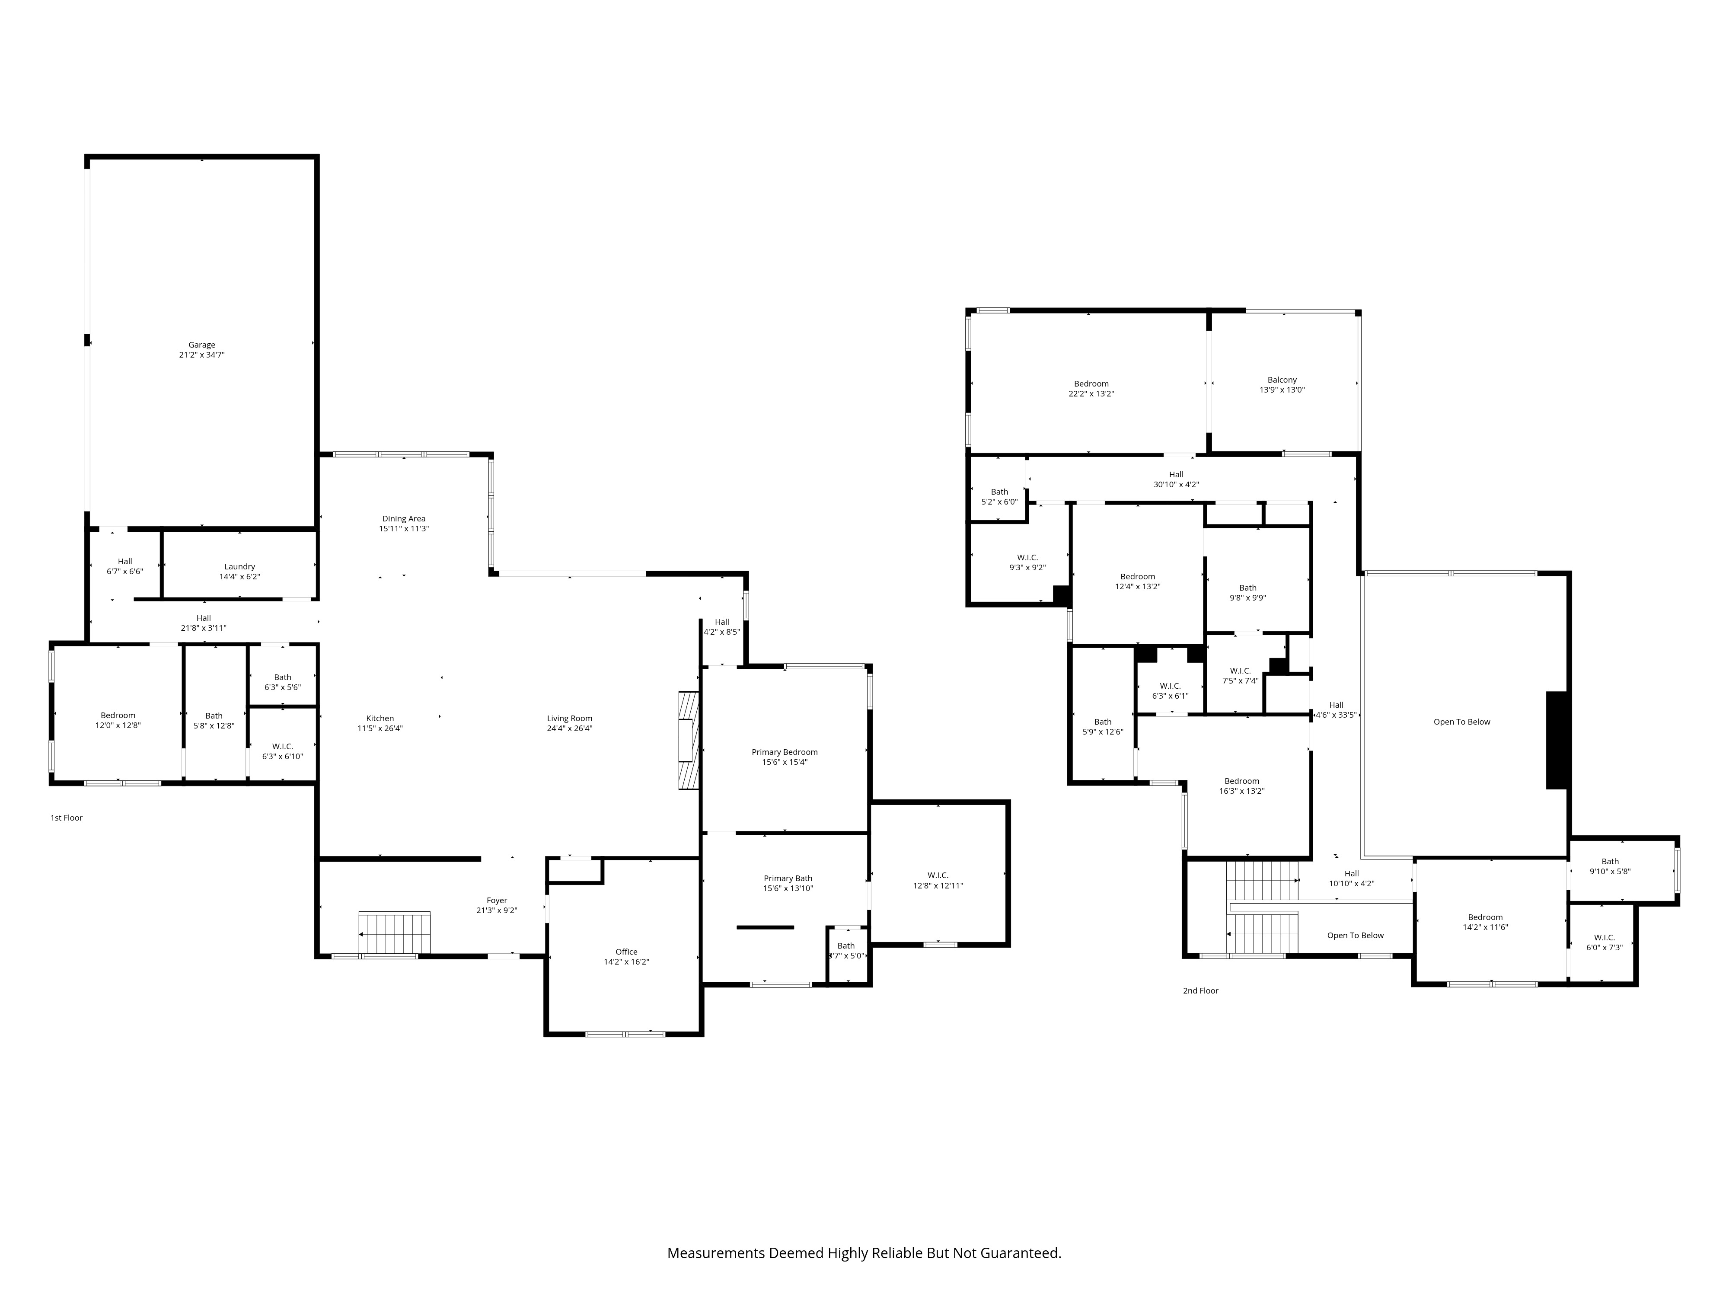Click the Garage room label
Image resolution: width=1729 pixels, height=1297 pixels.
tap(202, 345)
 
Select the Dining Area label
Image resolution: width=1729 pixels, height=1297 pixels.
tap(403, 518)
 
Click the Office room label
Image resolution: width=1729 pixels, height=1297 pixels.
tap(626, 952)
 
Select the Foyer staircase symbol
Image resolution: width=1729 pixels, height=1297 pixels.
tap(395, 933)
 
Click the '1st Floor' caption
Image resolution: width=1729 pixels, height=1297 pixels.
tap(67, 818)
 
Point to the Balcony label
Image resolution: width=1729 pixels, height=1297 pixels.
tap(1282, 380)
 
